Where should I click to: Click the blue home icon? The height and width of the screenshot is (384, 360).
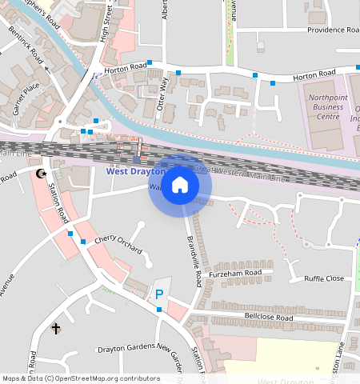[180, 186]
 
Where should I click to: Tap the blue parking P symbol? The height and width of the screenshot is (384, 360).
[159, 294]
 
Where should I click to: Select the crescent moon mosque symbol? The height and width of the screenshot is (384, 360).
[42, 174]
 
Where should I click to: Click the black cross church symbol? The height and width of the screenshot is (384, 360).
[56, 328]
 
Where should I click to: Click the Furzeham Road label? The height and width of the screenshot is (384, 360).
[235, 274]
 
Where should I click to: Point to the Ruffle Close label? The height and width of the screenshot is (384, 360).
[323, 279]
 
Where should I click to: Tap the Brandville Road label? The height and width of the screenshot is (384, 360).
[193, 261]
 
